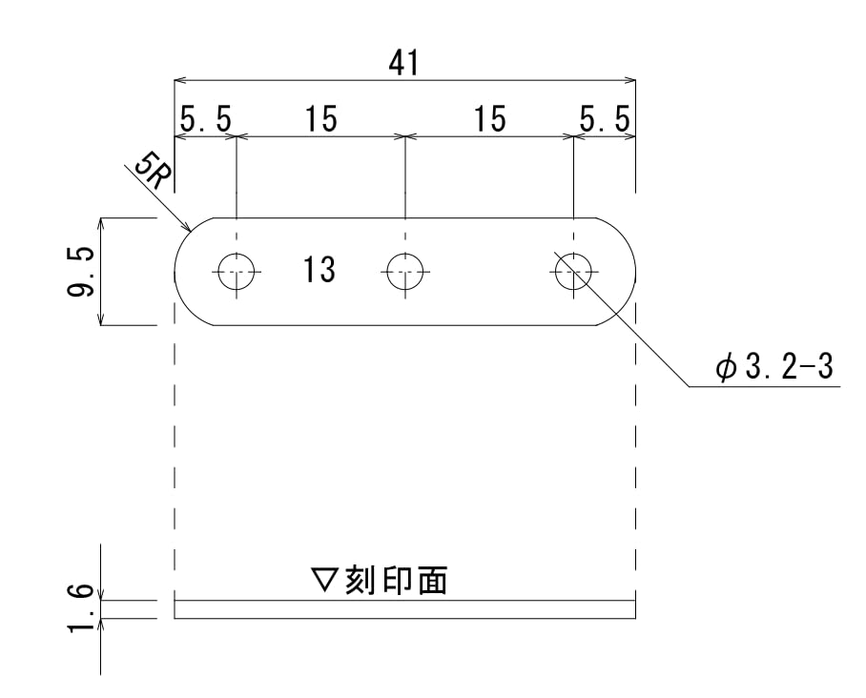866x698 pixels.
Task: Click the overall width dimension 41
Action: (404, 64)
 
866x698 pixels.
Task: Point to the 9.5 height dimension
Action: (82, 272)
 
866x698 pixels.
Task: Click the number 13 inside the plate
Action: (320, 271)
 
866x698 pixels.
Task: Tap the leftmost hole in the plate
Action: (236, 272)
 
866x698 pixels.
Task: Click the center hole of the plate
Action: (404, 272)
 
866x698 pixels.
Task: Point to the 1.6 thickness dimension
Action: (82, 609)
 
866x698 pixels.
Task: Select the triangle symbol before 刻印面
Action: (326, 580)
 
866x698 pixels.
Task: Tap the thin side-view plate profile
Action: (404, 609)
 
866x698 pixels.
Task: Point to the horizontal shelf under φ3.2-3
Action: (763, 387)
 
